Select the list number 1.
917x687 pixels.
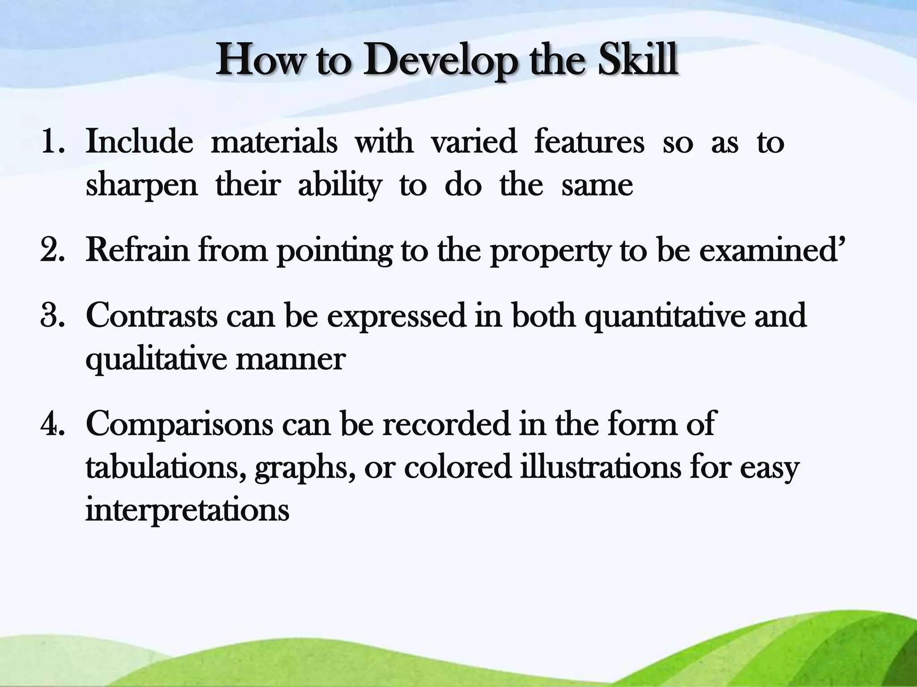[52, 142]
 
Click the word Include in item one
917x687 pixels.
[139, 142]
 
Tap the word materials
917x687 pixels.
[274, 142]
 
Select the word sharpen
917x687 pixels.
[141, 186]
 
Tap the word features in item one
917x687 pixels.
[589, 142]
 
